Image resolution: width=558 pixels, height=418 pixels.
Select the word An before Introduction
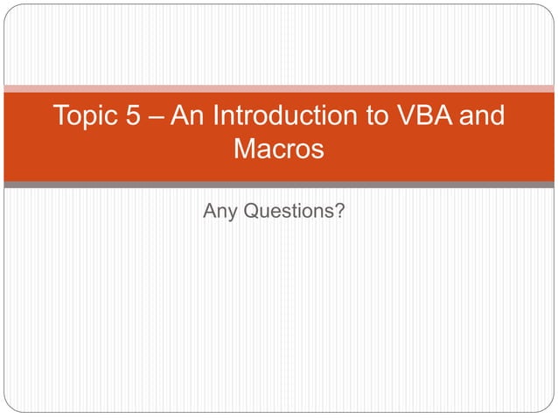click(x=187, y=116)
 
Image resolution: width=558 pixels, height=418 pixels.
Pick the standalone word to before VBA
click(x=380, y=116)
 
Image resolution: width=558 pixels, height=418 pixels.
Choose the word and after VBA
click(x=484, y=116)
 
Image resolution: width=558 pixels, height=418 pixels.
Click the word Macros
click(x=279, y=149)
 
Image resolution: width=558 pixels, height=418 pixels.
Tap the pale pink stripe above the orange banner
click(x=279, y=88)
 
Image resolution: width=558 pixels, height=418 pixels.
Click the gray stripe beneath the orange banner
click(x=279, y=185)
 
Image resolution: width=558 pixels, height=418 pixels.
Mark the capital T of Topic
click(x=60, y=116)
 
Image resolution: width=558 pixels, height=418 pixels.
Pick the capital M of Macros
click(x=245, y=149)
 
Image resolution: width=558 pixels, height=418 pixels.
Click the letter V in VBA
click(x=411, y=116)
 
